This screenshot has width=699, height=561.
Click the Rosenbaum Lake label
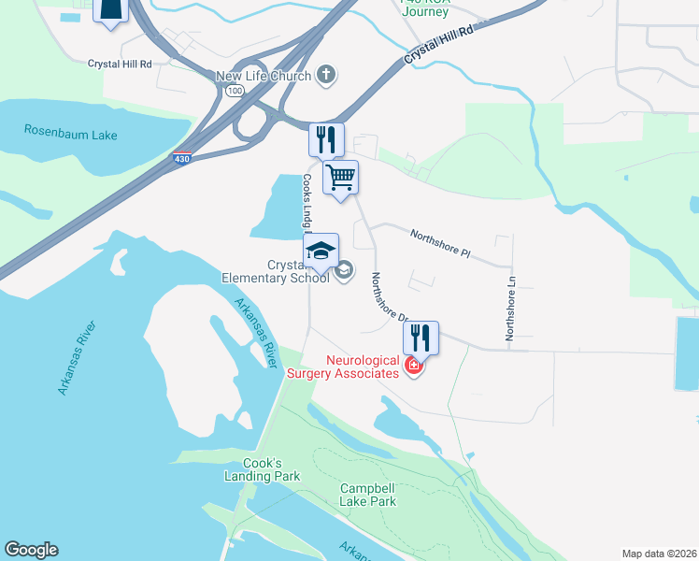(70, 135)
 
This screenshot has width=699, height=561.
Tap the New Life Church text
(263, 76)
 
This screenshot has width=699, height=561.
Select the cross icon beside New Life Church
(326, 75)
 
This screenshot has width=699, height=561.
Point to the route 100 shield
(234, 90)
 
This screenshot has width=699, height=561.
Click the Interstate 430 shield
(182, 160)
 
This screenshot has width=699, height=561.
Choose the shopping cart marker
(340, 177)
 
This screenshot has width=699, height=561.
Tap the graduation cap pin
(321, 251)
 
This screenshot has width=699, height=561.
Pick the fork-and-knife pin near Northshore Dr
(421, 338)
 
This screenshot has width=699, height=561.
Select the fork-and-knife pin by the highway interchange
(326, 139)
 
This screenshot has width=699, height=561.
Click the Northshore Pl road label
(444, 245)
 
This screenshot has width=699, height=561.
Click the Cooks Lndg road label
(306, 201)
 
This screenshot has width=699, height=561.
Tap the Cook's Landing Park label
(263, 469)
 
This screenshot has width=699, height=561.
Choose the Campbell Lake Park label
(368, 495)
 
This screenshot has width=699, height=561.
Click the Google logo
(31, 550)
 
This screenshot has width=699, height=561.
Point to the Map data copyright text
(658, 554)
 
